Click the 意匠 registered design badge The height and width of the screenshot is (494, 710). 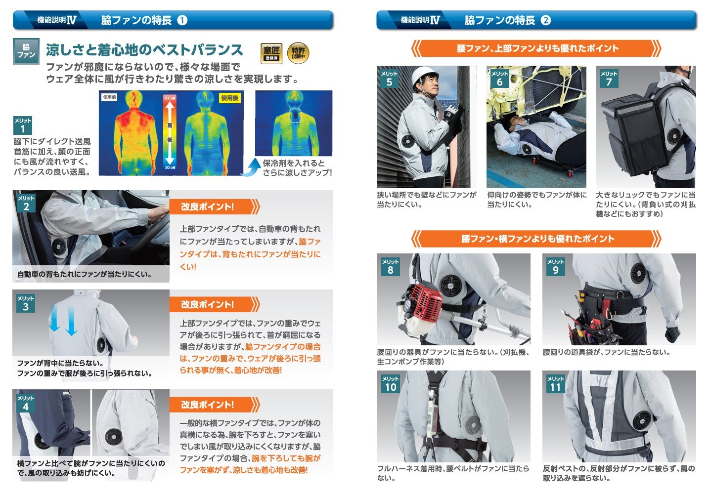(x=271, y=53)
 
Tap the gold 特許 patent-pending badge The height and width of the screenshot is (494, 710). (x=298, y=53)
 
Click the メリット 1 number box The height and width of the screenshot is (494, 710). (x=23, y=125)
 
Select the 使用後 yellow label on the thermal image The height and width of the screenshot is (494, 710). (x=229, y=98)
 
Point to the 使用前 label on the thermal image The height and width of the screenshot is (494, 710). (x=109, y=97)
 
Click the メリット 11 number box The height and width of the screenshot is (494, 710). (x=555, y=383)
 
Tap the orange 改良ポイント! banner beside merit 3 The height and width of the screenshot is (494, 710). (x=215, y=304)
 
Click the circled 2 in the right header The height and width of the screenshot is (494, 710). (x=545, y=20)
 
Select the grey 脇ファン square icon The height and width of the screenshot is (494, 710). (x=26, y=51)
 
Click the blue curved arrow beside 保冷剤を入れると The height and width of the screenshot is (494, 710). (x=250, y=167)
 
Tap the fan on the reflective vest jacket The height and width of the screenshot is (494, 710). (x=642, y=420)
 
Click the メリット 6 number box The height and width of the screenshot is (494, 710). (x=499, y=79)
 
